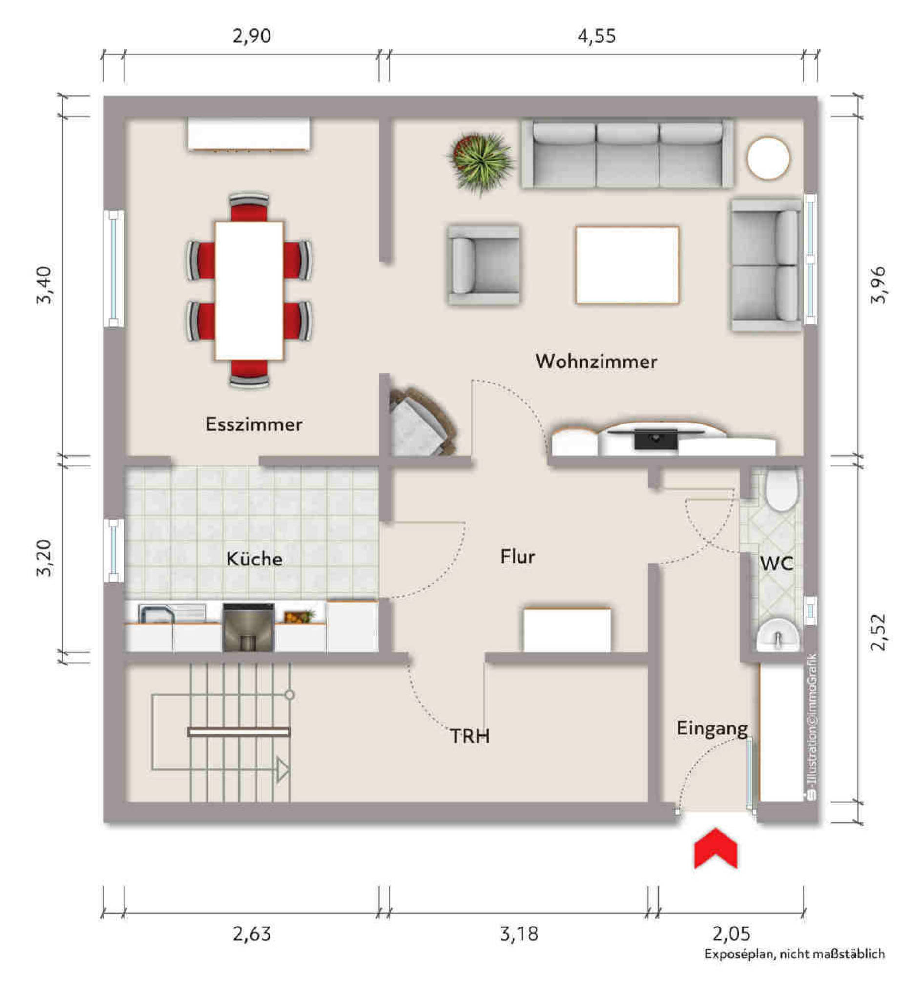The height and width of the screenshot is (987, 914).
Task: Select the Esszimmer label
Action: click(254, 424)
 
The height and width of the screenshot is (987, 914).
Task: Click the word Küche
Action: click(254, 559)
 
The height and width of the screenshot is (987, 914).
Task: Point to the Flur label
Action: click(518, 557)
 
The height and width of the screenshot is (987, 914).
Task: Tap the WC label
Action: click(776, 564)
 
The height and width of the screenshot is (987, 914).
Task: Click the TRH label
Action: click(470, 736)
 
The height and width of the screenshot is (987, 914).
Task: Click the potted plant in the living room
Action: click(480, 161)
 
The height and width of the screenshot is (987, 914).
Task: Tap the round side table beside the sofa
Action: click(768, 158)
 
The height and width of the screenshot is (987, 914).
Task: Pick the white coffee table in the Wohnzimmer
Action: click(627, 265)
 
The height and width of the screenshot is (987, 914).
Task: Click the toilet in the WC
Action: click(782, 488)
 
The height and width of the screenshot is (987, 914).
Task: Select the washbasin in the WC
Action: click(777, 634)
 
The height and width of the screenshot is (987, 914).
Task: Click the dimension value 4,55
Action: click(597, 36)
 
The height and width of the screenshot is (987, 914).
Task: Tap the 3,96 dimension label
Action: click(878, 285)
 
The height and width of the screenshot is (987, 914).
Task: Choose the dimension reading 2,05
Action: click(731, 934)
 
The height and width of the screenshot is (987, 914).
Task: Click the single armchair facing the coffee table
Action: click(484, 265)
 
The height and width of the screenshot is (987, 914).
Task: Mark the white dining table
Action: click(249, 291)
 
